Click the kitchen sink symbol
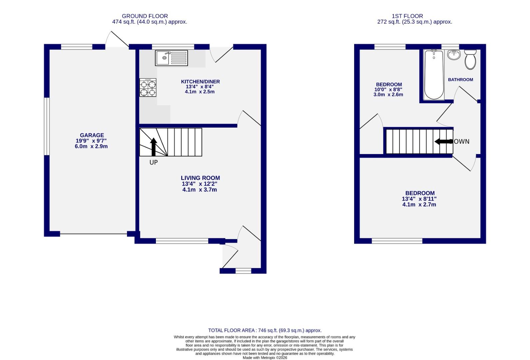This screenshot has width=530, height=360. click(x=171, y=58)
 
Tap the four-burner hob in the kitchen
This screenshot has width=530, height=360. click(x=148, y=88)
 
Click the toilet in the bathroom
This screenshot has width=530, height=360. click(x=470, y=59)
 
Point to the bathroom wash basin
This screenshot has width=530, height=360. click(x=453, y=55)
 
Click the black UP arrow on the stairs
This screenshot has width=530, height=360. click(x=153, y=147)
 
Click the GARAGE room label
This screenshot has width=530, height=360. click(x=92, y=135)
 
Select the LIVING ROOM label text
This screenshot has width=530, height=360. click(x=200, y=178)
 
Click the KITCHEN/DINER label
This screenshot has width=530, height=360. click(x=200, y=82)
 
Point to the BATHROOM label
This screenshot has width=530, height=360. click(x=460, y=80)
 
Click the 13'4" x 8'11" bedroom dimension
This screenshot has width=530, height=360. click(x=419, y=199)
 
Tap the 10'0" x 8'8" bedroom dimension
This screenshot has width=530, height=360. click(x=388, y=90)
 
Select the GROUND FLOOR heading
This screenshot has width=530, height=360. click(x=145, y=16)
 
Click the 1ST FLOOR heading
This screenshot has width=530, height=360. click(x=407, y=16)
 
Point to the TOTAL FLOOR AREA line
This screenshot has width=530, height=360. click(x=265, y=330)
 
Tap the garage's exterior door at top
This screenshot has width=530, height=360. click(x=117, y=40)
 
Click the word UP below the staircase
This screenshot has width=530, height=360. click(x=153, y=163)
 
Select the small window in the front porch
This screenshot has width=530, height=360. click(x=243, y=271)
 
